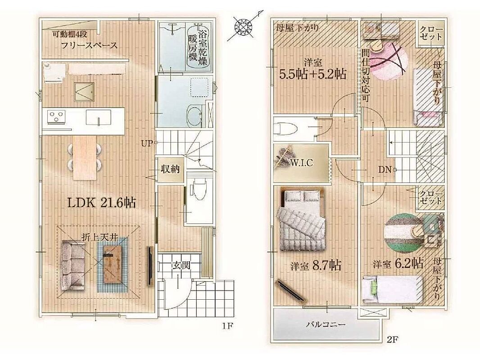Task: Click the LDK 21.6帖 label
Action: pyautogui.click(x=101, y=202)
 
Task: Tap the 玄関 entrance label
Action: pyautogui.click(x=181, y=265)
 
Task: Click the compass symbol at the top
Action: pyautogui.click(x=244, y=26)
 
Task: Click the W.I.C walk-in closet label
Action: pyautogui.click(x=302, y=163)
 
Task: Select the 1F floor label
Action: pyautogui.click(x=228, y=326)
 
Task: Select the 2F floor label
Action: pyautogui.click(x=390, y=339)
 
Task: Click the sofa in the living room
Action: pyautogui.click(x=72, y=265)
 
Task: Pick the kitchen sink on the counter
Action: pyautogui.click(x=99, y=117)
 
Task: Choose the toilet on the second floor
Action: pyautogui.click(x=287, y=128)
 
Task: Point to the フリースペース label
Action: pyautogui.click(x=90, y=45)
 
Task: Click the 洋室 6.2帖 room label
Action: pyautogui.click(x=398, y=263)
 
